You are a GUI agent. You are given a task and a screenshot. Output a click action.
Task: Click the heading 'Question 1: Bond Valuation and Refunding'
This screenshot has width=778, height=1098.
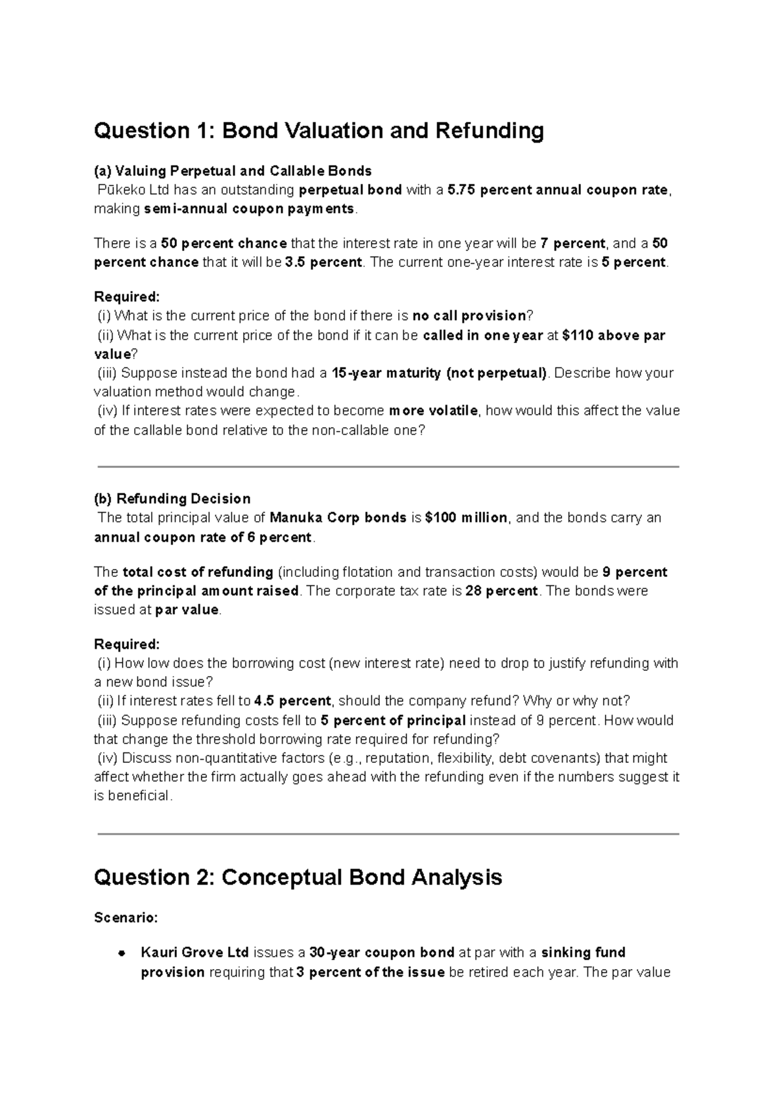(x=318, y=132)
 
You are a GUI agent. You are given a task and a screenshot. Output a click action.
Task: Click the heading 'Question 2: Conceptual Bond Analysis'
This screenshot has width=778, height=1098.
(x=298, y=878)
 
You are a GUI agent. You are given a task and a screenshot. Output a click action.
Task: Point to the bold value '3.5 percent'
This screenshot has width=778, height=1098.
(x=323, y=263)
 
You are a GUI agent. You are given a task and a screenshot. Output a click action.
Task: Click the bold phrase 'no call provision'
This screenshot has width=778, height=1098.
(x=469, y=316)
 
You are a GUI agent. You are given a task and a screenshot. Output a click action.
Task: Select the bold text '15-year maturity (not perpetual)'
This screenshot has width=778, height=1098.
(x=439, y=373)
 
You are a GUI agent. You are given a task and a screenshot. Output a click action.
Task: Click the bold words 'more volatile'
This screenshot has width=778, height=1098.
(x=433, y=411)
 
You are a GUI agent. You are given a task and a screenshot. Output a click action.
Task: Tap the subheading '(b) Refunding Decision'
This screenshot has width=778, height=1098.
(x=172, y=499)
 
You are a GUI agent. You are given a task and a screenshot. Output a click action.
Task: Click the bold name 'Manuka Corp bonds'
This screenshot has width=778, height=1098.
(x=338, y=518)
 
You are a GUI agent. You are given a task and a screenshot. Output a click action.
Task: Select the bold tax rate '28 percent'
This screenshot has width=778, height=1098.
(x=501, y=591)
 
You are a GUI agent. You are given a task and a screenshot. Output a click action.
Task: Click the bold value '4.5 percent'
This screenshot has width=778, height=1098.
(x=292, y=701)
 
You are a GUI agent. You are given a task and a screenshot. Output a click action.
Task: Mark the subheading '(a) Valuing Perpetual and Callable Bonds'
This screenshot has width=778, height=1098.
(x=233, y=171)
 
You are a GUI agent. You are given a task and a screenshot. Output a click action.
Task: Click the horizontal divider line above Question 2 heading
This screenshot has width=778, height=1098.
(x=388, y=834)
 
